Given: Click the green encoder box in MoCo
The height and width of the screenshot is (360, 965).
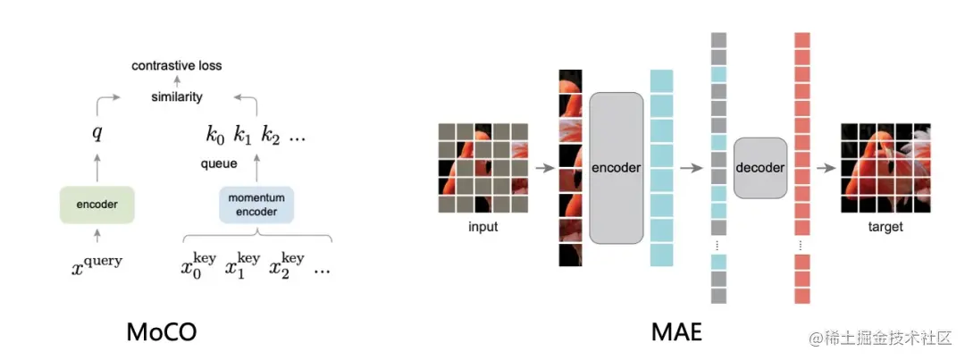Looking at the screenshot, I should click(x=96, y=204).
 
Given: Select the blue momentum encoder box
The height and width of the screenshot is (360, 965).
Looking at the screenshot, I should click(x=256, y=204).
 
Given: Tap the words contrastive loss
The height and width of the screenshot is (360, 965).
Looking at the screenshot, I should click(x=177, y=65).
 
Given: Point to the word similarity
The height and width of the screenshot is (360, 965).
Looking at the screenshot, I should click(x=177, y=96).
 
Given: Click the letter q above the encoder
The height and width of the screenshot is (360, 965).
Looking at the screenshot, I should click(x=96, y=135).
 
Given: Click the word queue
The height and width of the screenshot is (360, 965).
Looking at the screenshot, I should click(x=219, y=163).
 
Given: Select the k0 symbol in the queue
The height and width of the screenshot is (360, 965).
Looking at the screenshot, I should click(x=215, y=136).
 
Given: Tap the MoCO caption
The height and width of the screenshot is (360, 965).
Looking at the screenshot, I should click(x=161, y=332).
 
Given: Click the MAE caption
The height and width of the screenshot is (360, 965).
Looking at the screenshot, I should click(x=676, y=332).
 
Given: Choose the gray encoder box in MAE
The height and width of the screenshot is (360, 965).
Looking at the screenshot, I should click(x=617, y=167).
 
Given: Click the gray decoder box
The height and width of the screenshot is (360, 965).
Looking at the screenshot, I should click(x=760, y=168).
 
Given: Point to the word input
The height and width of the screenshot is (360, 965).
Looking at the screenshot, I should click(x=482, y=227).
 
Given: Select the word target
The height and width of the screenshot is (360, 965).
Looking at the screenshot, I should click(x=885, y=227).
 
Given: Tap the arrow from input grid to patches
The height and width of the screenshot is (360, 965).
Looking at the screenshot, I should click(x=542, y=167).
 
